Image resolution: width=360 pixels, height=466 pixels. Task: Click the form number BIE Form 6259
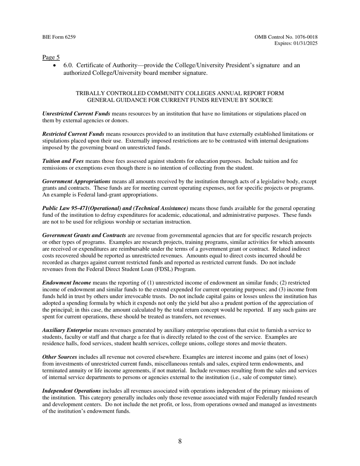point(59,37)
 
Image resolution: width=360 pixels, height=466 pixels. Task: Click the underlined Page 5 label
point(51,58)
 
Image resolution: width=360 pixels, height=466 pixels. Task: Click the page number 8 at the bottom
point(180,441)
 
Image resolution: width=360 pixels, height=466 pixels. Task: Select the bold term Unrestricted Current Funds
point(76,114)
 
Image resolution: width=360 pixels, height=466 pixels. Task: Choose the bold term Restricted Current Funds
point(73,134)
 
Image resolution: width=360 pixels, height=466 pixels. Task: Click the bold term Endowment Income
point(66,283)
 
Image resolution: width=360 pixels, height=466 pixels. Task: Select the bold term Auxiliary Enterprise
point(67,330)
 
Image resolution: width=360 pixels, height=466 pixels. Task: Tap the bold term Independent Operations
point(72,391)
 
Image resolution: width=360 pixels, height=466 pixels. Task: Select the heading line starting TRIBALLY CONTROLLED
point(180,93)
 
